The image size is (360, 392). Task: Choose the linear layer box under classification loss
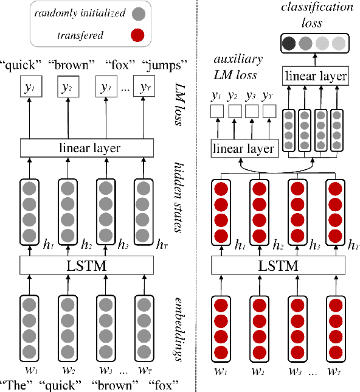316,76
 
